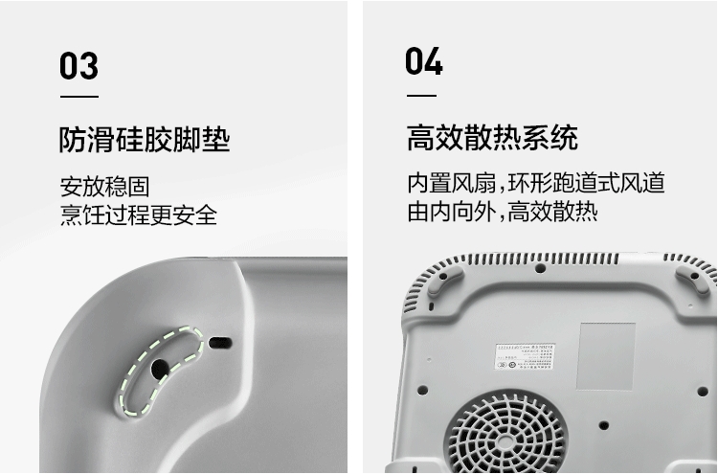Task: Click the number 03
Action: [x=79, y=66]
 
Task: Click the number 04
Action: [x=424, y=62]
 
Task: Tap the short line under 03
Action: [x=79, y=97]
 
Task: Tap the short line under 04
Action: [x=421, y=96]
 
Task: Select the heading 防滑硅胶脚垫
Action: [x=145, y=141]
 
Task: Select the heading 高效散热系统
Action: [x=492, y=138]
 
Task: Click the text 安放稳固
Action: [x=104, y=186]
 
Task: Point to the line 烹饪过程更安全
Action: [x=139, y=214]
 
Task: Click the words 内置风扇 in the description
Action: [x=441, y=184]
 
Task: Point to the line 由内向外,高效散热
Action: [x=503, y=212]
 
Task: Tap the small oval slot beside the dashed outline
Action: [x=220, y=342]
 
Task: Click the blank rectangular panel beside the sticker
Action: [x=606, y=354]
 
